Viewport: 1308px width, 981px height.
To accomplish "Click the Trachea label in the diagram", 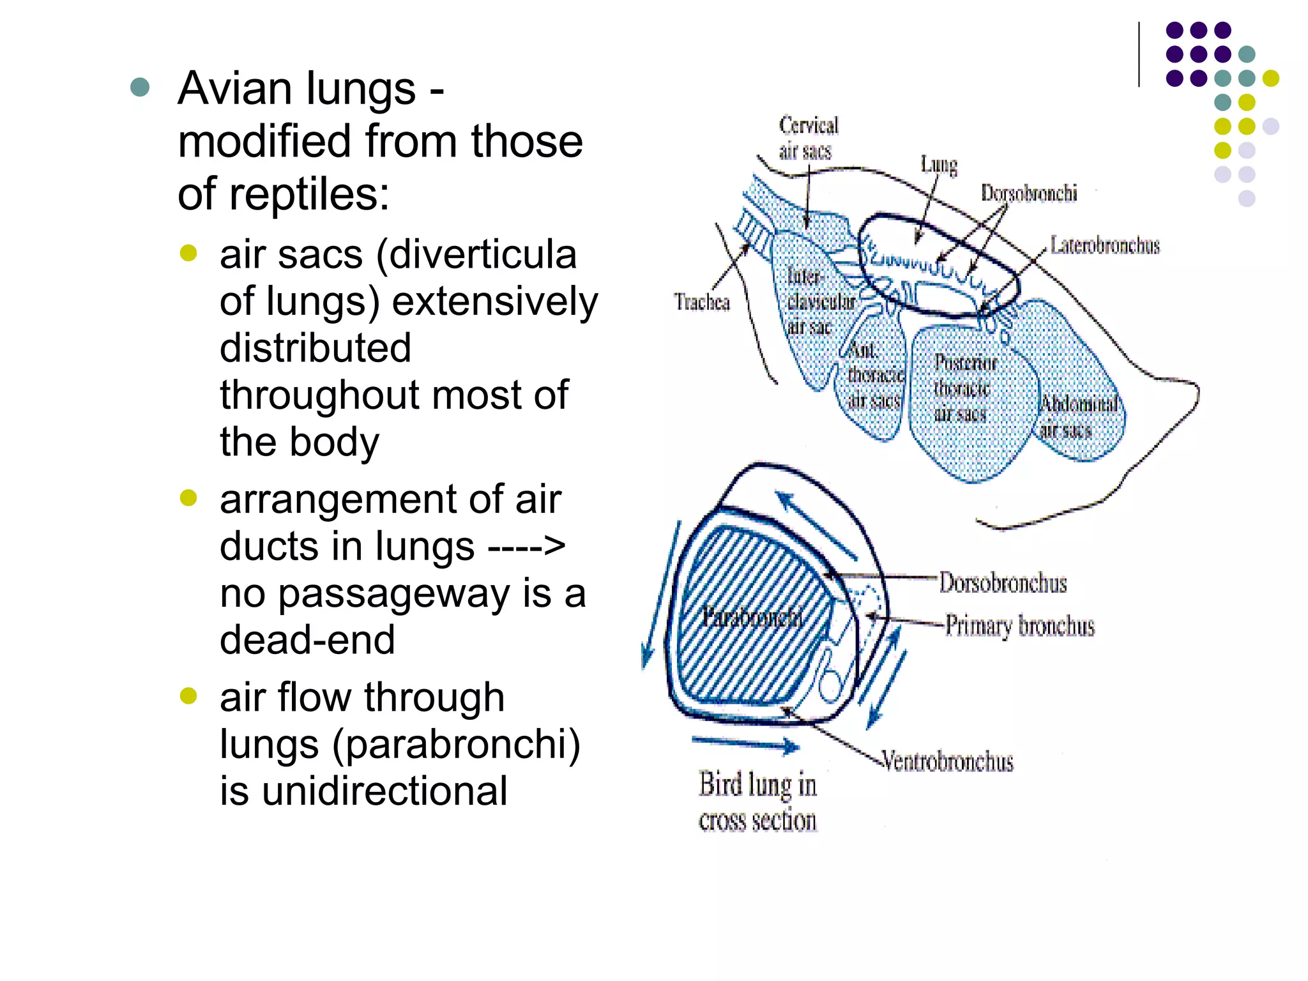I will coord(701,301).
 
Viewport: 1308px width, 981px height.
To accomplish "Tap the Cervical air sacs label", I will coord(807,138).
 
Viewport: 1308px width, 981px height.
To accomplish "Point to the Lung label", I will coord(938,165).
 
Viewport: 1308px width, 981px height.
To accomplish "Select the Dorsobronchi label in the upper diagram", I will coord(1028,193).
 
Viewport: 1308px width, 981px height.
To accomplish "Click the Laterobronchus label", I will coord(1104,245).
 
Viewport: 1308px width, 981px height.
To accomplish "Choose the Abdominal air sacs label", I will coord(1078,416).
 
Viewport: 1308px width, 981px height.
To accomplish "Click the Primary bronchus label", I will coord(1019,626).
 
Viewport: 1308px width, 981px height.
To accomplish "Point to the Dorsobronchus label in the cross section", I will coord(1003,583).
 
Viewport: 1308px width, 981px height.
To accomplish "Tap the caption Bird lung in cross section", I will coord(757,802).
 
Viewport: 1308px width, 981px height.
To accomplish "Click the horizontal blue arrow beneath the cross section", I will coord(745,743).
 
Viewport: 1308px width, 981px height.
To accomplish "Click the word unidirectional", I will coord(384,791).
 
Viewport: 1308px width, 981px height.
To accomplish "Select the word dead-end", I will coord(307,640).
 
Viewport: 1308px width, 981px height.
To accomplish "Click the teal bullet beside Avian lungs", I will coord(139,87).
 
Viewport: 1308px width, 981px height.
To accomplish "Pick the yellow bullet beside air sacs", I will coord(188,254).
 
